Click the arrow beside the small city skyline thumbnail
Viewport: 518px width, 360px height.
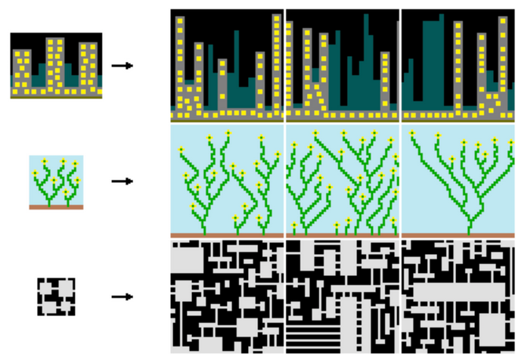(122, 66)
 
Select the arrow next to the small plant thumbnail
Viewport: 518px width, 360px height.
(122, 182)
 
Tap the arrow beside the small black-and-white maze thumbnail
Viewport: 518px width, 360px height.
(122, 296)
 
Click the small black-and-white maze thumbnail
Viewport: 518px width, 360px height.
(56, 296)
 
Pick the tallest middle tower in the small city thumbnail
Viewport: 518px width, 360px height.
(55, 64)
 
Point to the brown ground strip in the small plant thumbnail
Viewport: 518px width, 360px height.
(56, 206)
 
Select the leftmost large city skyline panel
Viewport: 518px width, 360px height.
(226, 65)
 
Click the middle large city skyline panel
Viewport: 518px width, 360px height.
(342, 65)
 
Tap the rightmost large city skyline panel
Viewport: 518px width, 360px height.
(458, 65)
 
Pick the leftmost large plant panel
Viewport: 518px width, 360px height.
(226, 180)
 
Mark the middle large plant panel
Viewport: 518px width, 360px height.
(342, 180)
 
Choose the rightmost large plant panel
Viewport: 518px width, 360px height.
(458, 180)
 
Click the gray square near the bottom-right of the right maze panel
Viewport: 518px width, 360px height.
(492, 328)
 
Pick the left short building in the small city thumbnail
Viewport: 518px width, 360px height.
(22, 72)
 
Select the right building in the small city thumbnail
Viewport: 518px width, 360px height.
(88, 68)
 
